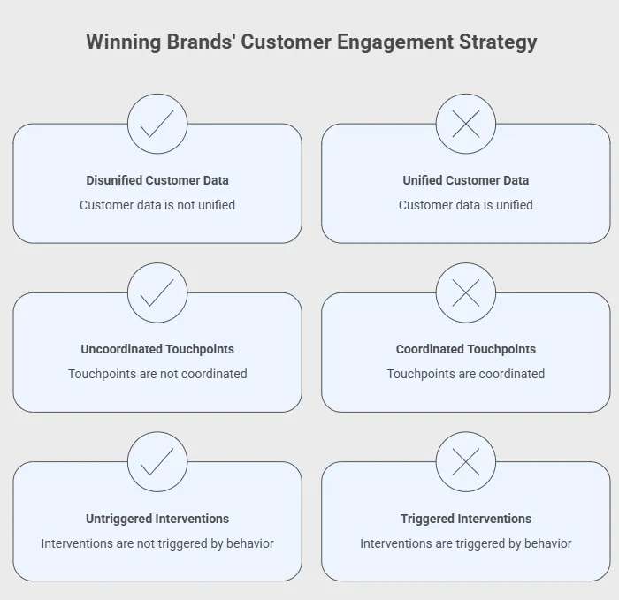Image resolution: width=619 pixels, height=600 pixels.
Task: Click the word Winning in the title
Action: [x=125, y=42]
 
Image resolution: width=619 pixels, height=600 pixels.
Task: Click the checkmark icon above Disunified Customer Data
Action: [x=157, y=124]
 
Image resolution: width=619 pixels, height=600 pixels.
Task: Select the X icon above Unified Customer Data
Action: [x=466, y=124]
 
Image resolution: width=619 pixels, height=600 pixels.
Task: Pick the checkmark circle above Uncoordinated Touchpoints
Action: [x=157, y=292]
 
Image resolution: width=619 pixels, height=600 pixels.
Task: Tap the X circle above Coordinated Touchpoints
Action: [x=466, y=292]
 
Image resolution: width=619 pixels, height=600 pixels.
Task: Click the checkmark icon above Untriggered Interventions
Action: [x=157, y=461]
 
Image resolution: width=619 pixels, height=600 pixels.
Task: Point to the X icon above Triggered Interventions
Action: [x=466, y=461]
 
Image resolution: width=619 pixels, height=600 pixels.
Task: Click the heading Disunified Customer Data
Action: [x=157, y=180]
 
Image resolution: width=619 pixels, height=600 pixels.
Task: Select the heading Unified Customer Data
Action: [x=466, y=180]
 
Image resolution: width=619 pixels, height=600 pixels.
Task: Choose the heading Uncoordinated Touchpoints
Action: [x=157, y=349]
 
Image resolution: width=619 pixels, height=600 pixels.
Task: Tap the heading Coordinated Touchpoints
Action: [x=466, y=349]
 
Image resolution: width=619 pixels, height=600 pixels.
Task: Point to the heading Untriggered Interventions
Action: [x=157, y=519]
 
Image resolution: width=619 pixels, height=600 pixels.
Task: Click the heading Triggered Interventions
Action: [x=466, y=519]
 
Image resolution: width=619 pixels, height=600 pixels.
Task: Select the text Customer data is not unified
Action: [x=157, y=205]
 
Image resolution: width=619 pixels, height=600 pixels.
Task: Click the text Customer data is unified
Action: [x=466, y=205]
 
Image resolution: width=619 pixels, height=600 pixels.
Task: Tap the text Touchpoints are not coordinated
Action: [x=157, y=374]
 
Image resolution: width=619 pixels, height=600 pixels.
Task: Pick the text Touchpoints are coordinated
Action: [x=466, y=374]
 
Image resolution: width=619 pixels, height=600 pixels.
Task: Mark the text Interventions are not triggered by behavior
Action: [x=157, y=543]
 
